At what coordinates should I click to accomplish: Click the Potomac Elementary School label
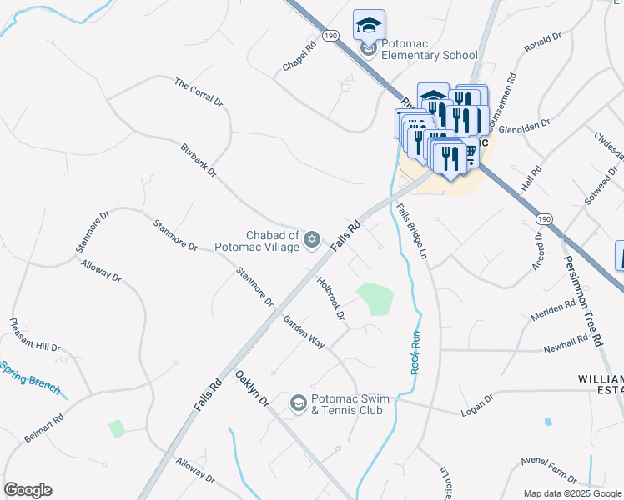point(429,49)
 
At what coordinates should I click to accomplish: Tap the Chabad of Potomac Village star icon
point(312,240)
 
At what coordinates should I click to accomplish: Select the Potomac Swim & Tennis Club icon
point(298,404)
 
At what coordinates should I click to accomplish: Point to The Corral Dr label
point(199,92)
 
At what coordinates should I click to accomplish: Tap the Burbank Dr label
point(199,162)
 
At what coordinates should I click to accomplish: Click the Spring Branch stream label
point(30,377)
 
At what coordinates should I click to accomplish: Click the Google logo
point(28,490)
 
